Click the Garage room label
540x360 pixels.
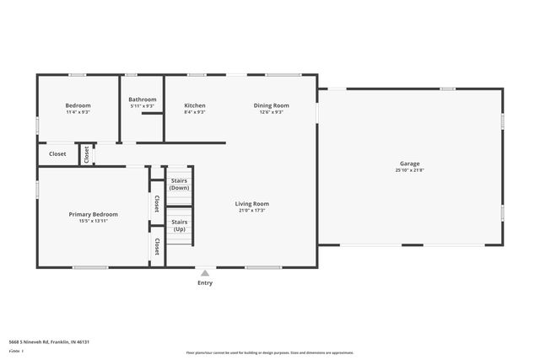[x=409, y=164]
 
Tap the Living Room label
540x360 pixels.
[x=251, y=203]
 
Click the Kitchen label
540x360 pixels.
[x=195, y=105]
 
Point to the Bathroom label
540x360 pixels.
[x=143, y=99]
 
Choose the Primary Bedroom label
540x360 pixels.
[x=93, y=214]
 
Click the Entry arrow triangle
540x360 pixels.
[x=205, y=272]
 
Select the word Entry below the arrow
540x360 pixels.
[x=205, y=282]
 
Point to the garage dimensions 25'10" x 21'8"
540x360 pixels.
[x=409, y=170]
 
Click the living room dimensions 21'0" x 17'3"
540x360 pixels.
[x=251, y=210]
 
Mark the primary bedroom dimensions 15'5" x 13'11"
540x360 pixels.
[x=93, y=221]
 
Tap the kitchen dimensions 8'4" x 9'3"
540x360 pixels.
[x=195, y=112]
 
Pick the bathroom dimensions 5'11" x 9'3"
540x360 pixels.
[x=143, y=106]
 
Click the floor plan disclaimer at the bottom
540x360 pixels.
[x=270, y=352]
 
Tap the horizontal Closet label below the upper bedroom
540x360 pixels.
[x=57, y=153]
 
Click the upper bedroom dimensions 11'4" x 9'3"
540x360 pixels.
[x=78, y=112]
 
